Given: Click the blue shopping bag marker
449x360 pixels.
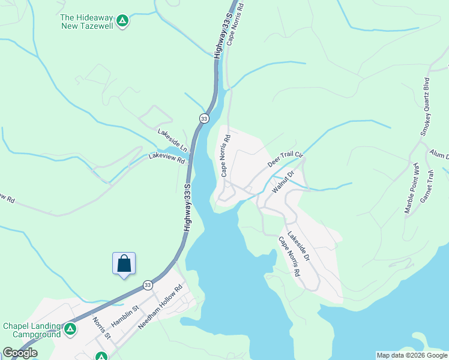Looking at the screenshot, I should point(124,264).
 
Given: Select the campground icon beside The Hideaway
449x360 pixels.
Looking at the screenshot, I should point(122,22).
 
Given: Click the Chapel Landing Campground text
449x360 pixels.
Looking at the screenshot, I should point(32,330).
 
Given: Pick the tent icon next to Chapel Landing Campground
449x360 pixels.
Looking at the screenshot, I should point(70,329).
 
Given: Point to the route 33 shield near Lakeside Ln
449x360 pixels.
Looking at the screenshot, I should point(204,119).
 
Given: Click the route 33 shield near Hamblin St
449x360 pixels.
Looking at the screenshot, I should point(147,284).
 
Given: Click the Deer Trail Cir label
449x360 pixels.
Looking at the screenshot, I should point(286,159).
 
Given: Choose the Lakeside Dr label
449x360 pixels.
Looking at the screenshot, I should point(298,246).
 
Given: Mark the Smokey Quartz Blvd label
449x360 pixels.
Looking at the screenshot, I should point(426,107).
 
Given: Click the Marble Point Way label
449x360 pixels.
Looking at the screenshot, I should point(411,188).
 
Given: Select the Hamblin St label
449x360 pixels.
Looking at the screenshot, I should point(125,316).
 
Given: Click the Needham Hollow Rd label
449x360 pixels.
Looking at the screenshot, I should point(160,306).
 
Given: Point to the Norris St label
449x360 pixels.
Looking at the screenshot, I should point(101,328).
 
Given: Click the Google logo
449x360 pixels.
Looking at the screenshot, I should point(20,353).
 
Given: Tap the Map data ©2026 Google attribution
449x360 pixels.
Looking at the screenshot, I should point(412,355).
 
